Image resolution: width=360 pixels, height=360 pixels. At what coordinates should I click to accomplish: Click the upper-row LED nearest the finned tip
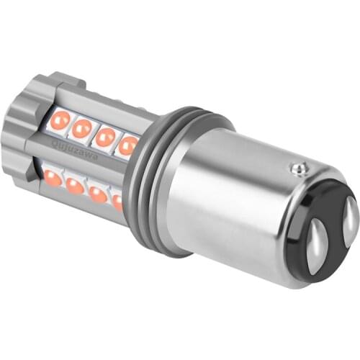60,120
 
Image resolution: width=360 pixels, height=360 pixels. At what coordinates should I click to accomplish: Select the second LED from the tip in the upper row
82,128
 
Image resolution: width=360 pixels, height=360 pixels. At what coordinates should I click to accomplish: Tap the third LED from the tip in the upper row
105,137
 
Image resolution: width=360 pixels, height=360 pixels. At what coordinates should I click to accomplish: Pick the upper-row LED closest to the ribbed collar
127,145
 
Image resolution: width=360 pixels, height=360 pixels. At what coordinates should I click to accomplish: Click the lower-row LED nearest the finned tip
52,176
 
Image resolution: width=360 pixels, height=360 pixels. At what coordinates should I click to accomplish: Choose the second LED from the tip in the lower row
74,186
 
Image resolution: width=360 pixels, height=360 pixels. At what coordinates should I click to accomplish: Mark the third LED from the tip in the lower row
98,194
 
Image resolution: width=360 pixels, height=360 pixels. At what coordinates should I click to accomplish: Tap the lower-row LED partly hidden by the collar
117,202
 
